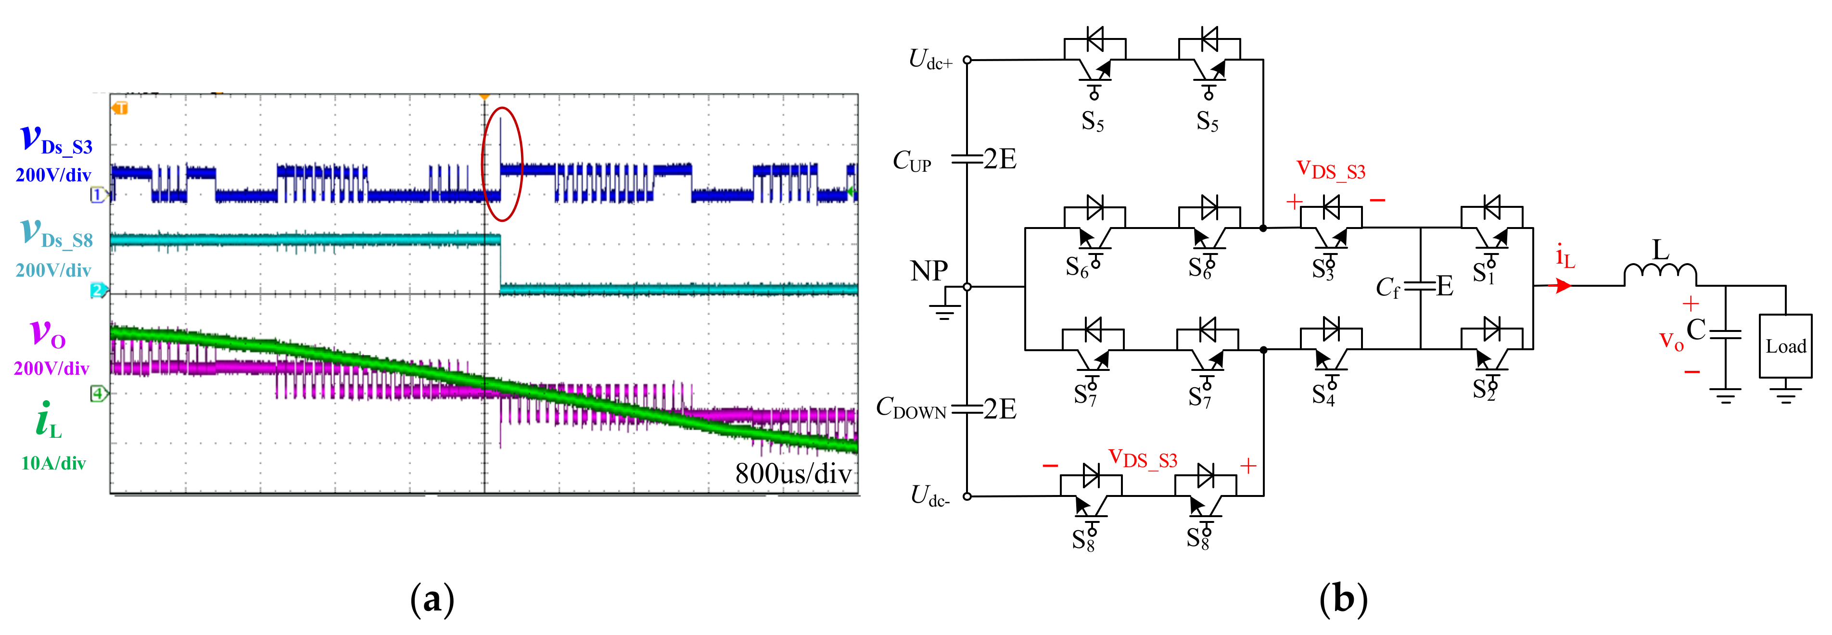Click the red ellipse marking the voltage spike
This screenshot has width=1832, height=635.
pos(502,164)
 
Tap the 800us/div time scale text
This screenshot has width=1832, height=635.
pos(793,473)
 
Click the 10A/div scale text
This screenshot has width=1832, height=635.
pos(53,464)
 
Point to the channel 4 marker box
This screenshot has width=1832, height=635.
pos(98,393)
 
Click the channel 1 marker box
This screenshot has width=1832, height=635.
pos(98,195)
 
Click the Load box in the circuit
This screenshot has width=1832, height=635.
pos(1784,346)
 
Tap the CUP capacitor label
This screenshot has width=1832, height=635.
pos(912,162)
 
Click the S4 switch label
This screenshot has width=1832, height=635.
pos(1323,394)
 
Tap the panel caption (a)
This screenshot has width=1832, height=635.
pos(432,599)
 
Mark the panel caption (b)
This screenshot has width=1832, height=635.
pos(1343,599)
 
